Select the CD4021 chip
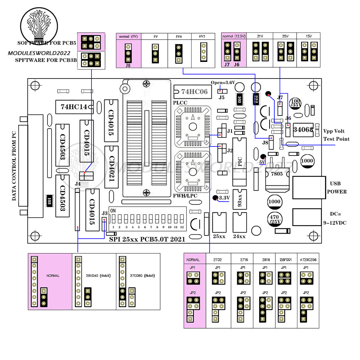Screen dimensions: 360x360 pos(112,167)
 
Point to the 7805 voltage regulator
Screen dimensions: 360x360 pos(276,174)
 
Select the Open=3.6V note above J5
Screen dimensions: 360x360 pos(223,82)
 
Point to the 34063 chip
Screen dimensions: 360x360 pos(303,130)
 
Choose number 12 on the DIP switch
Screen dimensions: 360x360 pos(183,228)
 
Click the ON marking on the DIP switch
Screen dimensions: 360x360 pos(112,210)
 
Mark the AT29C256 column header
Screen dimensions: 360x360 pos(309,260)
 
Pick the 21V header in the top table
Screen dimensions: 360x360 pos(260,36)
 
